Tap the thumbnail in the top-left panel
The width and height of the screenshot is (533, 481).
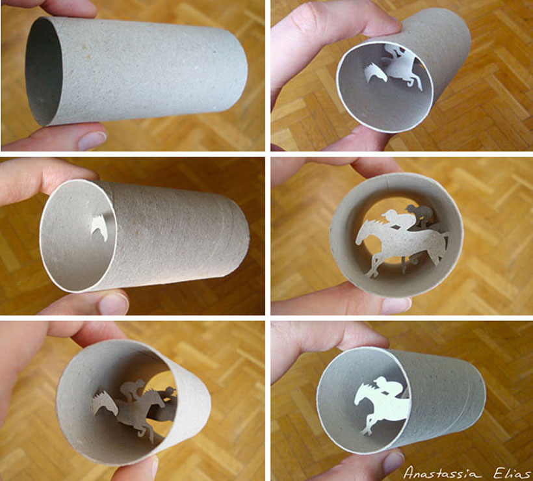pos(91,138)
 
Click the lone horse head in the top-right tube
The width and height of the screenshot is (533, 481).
pos(375,73)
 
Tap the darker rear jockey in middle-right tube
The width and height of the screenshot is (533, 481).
pos(421,214)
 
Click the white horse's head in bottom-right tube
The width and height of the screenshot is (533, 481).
pos(363,395)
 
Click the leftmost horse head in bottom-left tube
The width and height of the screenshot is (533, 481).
pos(105,402)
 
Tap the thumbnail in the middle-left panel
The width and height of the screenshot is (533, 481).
pos(114,304)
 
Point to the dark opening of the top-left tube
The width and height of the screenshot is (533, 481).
pos(44,72)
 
